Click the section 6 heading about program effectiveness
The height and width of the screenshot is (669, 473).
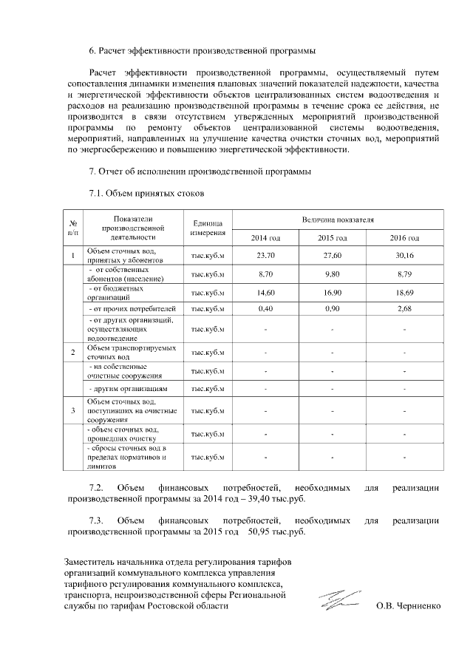[x=202, y=51]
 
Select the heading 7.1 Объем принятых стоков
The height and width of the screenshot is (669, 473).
[x=146, y=194]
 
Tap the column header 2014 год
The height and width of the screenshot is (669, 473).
[x=265, y=237]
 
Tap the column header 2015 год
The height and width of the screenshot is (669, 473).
[x=333, y=237]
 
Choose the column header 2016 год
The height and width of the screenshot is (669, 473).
[x=404, y=237]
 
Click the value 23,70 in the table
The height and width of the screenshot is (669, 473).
[x=265, y=255]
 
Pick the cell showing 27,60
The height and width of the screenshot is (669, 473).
[x=333, y=255]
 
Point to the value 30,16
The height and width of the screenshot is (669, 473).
[x=404, y=255]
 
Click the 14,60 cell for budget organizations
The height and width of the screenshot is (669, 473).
[x=265, y=293]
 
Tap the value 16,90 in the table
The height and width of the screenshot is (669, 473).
[x=333, y=293]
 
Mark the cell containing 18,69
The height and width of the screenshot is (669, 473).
[x=404, y=293]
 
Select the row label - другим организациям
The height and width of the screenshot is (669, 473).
[x=128, y=388]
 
